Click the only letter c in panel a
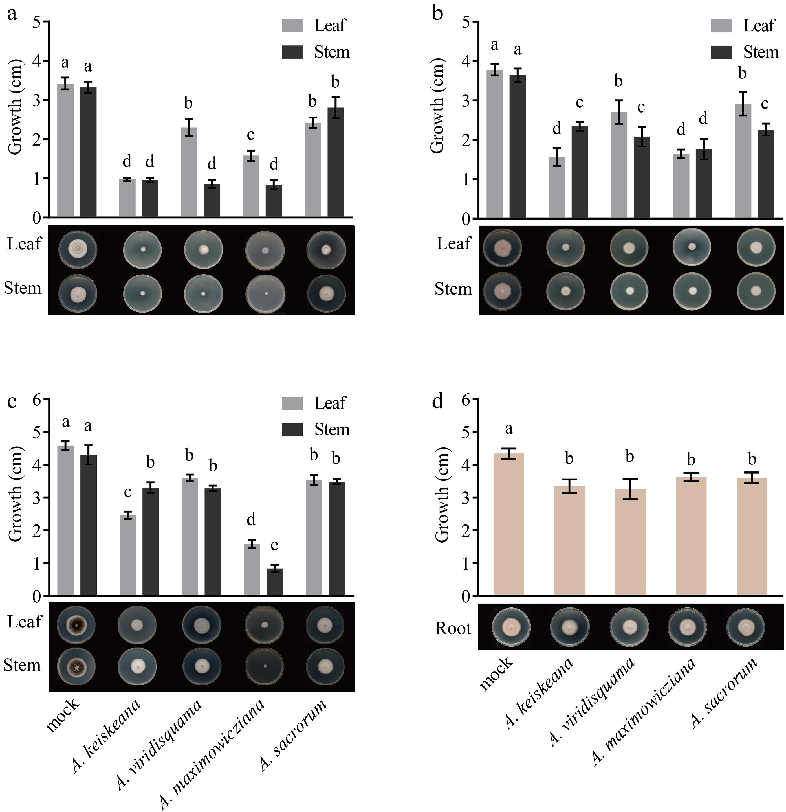[250, 135]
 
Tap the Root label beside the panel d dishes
[453, 629]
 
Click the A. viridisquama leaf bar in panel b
[619, 165]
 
